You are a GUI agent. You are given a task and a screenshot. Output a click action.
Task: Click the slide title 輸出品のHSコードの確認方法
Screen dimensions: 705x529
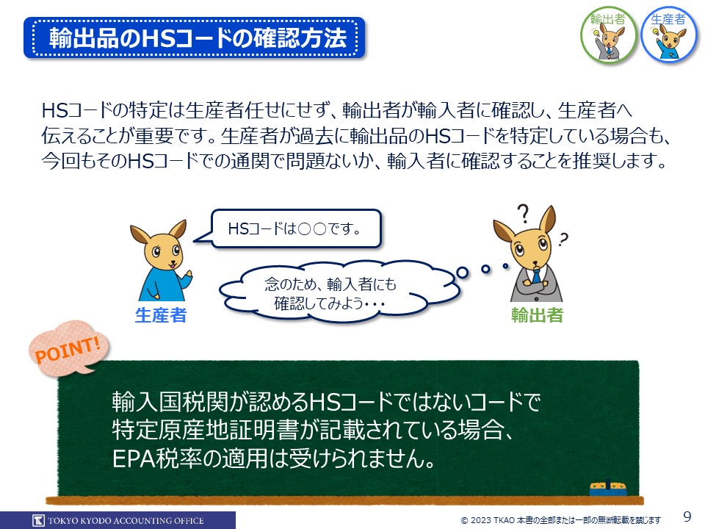198,37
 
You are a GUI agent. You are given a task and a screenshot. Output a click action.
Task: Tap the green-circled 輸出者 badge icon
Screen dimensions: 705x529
608,35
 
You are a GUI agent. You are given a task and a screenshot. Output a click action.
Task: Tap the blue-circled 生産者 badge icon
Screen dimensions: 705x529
668,35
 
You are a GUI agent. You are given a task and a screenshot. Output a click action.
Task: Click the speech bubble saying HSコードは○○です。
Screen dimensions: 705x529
295,228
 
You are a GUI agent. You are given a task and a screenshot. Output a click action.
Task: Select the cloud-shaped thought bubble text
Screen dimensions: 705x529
330,294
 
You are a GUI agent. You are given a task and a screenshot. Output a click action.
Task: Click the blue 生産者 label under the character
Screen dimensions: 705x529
161,315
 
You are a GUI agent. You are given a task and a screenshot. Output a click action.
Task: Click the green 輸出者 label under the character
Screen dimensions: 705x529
537,315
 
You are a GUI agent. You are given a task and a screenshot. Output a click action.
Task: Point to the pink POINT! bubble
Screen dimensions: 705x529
68,348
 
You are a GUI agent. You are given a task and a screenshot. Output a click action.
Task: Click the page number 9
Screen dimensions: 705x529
687,516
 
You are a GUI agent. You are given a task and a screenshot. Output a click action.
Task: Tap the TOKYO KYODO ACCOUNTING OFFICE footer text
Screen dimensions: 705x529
126,521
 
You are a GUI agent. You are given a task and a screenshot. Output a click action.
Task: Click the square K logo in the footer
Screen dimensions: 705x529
39,520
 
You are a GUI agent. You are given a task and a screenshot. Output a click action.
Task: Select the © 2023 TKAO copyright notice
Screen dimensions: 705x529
560,520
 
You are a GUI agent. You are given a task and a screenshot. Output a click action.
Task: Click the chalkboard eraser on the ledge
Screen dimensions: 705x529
608,488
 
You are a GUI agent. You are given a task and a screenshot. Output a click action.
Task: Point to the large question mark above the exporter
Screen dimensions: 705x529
523,214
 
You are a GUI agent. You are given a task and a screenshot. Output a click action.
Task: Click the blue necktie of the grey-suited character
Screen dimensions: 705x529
536,276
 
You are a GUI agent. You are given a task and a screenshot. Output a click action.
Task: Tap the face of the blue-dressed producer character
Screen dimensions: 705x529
163,251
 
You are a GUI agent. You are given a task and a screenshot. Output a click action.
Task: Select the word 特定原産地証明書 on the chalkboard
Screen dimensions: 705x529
206,430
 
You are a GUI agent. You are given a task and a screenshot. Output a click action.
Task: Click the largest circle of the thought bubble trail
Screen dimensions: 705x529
462,272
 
